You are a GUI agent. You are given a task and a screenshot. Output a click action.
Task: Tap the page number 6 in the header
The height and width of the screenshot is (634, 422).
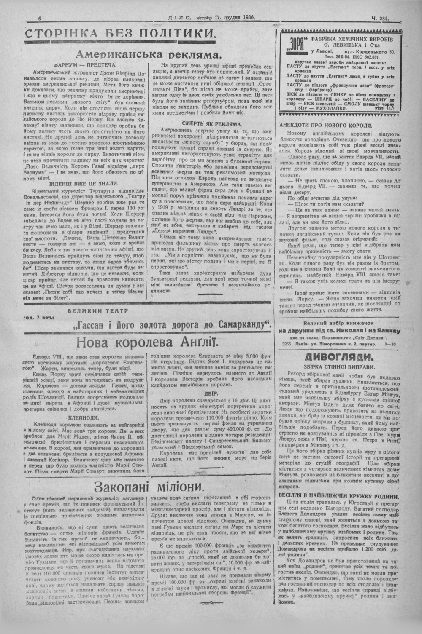coord(39,18)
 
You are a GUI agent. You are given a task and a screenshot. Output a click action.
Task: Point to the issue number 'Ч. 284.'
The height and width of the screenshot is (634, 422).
coord(380,18)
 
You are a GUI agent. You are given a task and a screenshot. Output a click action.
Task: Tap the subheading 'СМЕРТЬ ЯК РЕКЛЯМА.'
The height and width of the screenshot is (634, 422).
coord(211,124)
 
